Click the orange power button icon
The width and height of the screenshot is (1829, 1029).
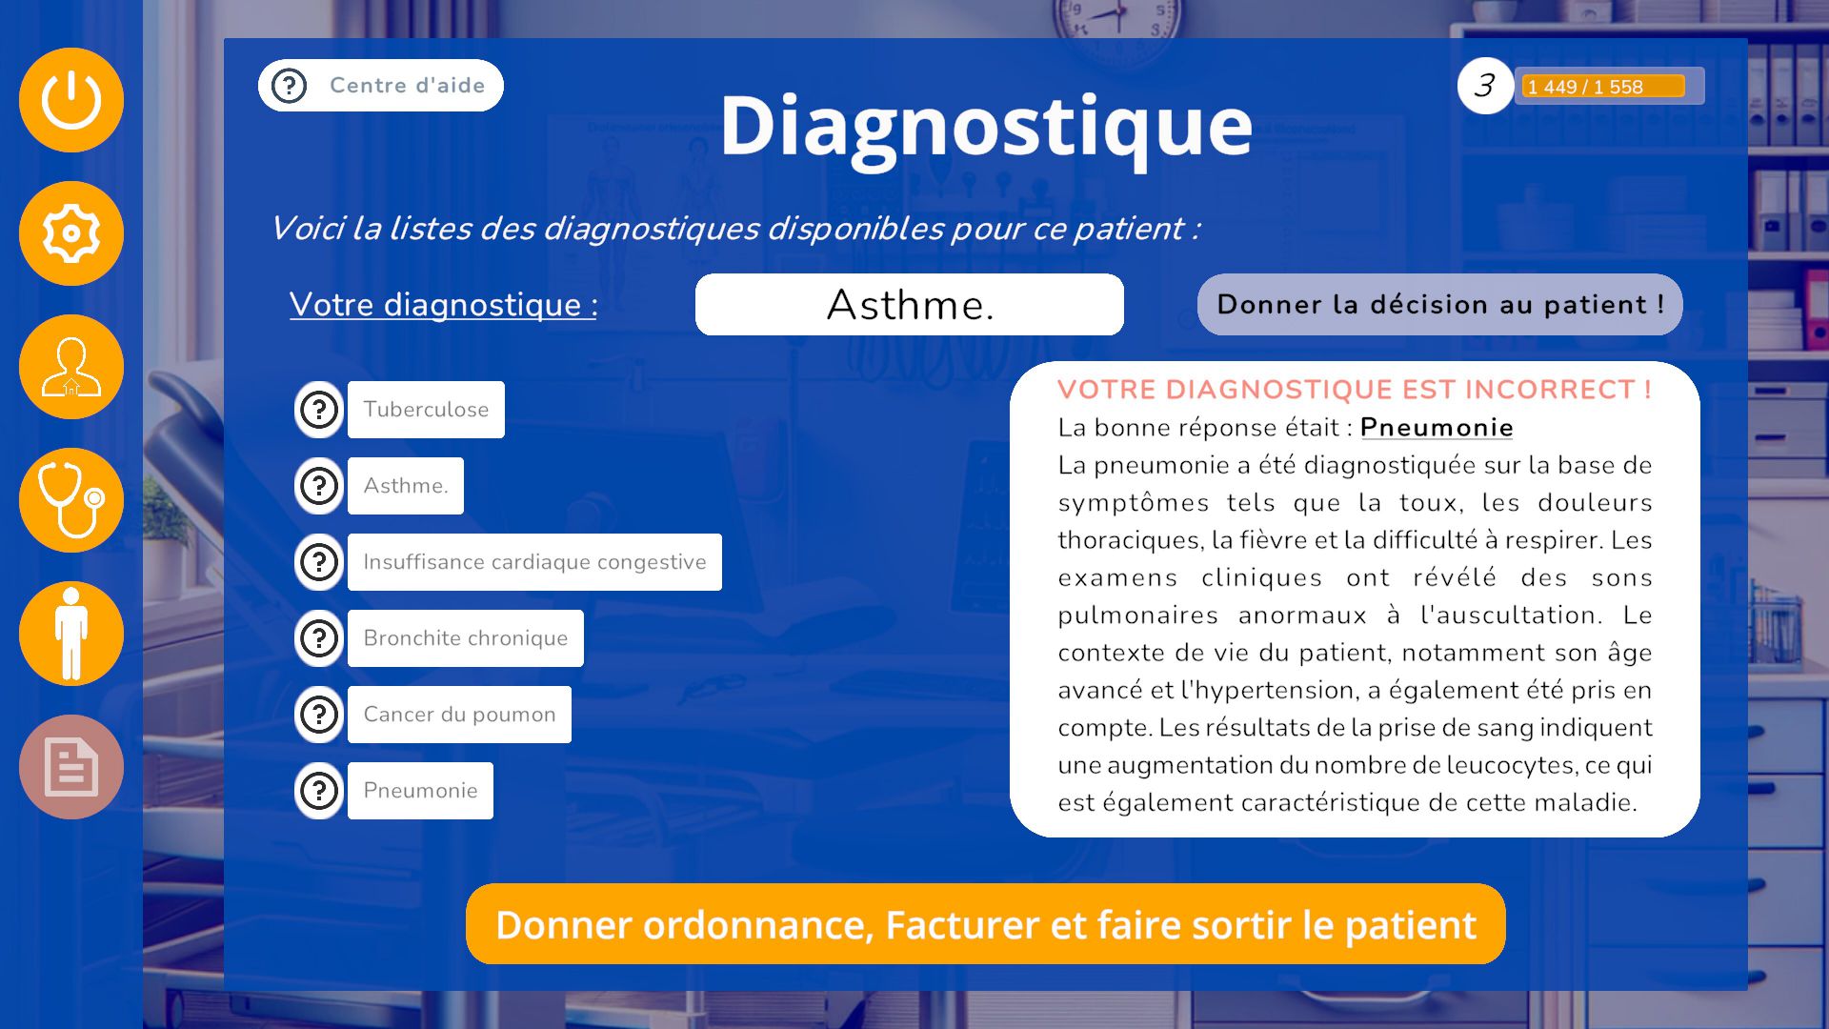(71, 100)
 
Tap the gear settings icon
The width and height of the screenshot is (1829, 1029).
(71, 233)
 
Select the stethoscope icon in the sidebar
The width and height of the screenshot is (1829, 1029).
(71, 500)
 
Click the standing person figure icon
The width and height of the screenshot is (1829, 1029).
(71, 634)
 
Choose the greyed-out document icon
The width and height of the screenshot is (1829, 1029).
(71, 767)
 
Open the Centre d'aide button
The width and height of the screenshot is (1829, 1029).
(381, 86)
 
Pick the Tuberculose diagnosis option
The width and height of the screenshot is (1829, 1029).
(426, 410)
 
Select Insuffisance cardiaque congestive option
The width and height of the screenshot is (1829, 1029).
(534, 562)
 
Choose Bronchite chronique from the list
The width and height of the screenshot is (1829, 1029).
(466, 638)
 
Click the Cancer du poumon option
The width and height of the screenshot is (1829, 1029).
(459, 715)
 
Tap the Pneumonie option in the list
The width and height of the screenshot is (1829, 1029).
(420, 791)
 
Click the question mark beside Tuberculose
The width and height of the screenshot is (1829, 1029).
(319, 410)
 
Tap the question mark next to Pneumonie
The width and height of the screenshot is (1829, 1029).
(319, 791)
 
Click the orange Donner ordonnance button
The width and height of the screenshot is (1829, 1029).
(986, 924)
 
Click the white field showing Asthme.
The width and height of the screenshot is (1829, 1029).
(910, 305)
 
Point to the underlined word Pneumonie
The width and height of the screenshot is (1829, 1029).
(1437, 428)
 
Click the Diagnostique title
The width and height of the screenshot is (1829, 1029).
(986, 127)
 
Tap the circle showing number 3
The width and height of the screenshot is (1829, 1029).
(1485, 86)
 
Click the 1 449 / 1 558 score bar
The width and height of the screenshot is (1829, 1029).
(1609, 87)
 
